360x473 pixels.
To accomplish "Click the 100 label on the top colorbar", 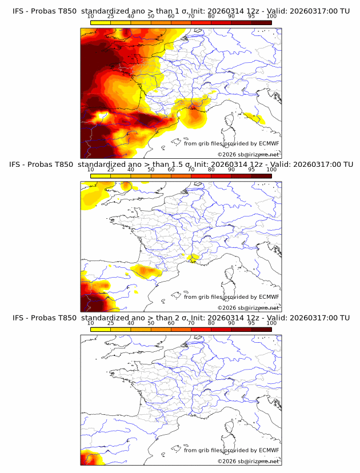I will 271,16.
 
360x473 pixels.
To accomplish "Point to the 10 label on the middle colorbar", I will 90,170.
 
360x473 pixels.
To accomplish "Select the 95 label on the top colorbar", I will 251,16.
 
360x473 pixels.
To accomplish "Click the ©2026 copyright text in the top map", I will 248,154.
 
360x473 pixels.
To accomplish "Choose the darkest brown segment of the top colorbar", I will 261,22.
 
